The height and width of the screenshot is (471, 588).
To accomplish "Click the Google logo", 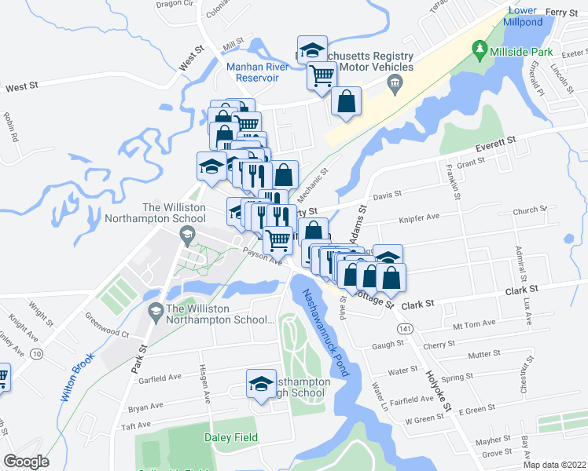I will point(26,461).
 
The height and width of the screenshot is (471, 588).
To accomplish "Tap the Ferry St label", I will point(562,12).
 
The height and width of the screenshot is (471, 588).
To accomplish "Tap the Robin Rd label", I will point(10,127).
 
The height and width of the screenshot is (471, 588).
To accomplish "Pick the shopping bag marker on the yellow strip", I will point(346,102).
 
